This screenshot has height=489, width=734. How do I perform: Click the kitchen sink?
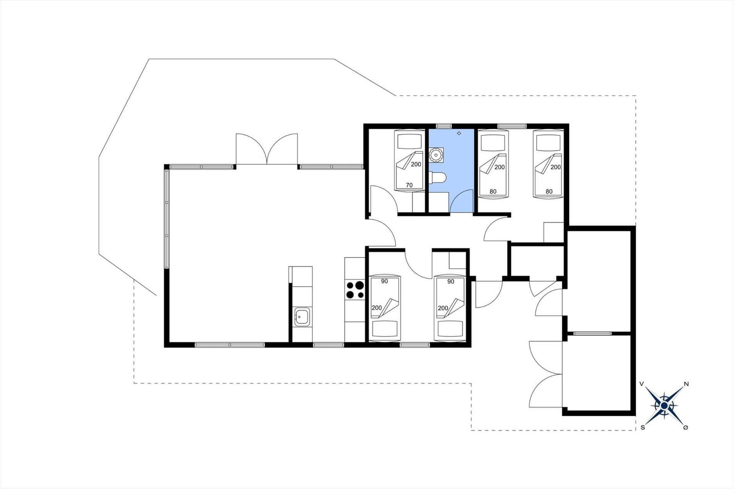(x=302, y=317)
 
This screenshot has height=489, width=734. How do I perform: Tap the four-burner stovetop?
(x=355, y=289)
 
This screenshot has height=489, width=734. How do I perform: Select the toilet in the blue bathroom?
(x=438, y=178)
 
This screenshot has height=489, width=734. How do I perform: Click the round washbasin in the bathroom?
(x=436, y=155)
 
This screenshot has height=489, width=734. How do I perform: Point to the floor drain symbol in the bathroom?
(x=459, y=133)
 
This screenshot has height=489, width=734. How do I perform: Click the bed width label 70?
(x=409, y=185)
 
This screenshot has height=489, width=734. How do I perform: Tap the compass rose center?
(x=664, y=406)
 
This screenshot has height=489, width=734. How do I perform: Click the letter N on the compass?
(x=686, y=384)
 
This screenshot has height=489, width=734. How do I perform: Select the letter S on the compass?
(x=643, y=428)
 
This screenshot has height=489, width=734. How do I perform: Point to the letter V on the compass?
(x=642, y=384)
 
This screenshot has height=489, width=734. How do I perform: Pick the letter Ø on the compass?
(x=685, y=428)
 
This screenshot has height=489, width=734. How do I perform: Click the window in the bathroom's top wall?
(x=444, y=126)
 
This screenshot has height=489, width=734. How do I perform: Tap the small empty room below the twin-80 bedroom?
(x=537, y=261)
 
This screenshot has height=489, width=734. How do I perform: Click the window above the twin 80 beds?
(x=512, y=126)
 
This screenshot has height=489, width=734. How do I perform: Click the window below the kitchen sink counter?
(x=328, y=345)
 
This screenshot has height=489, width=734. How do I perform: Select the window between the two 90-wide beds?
(x=415, y=345)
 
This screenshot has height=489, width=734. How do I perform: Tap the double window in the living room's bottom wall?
(x=230, y=345)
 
